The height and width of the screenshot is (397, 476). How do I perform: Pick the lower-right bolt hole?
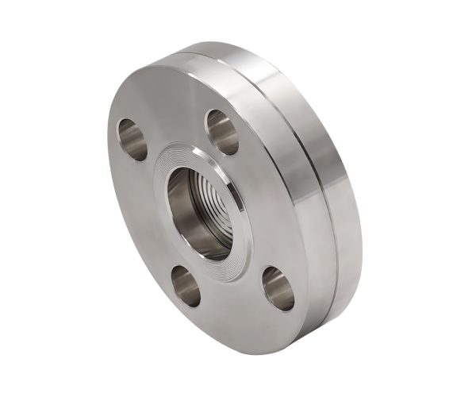click(x=278, y=287)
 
